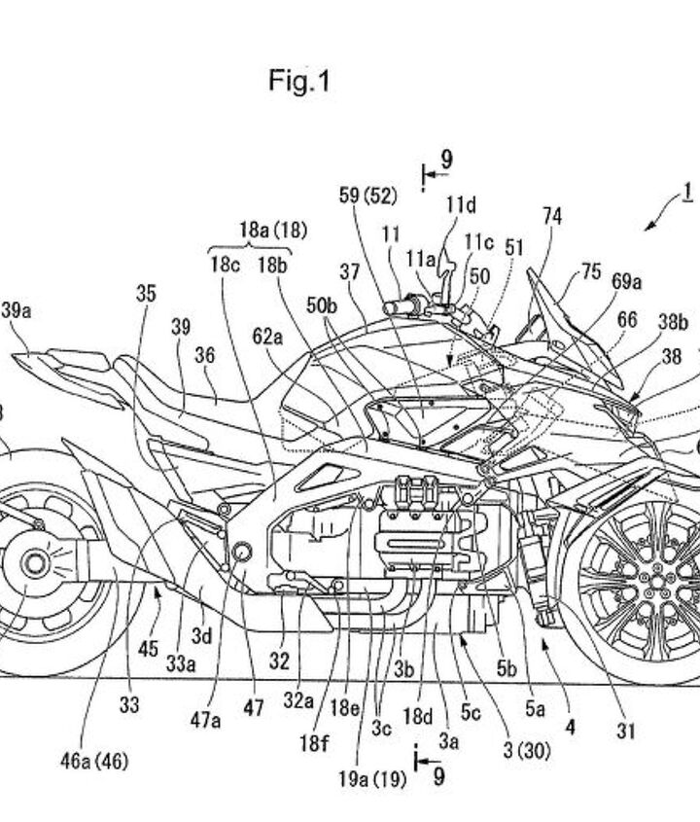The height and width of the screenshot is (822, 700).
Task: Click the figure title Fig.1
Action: [299, 82]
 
